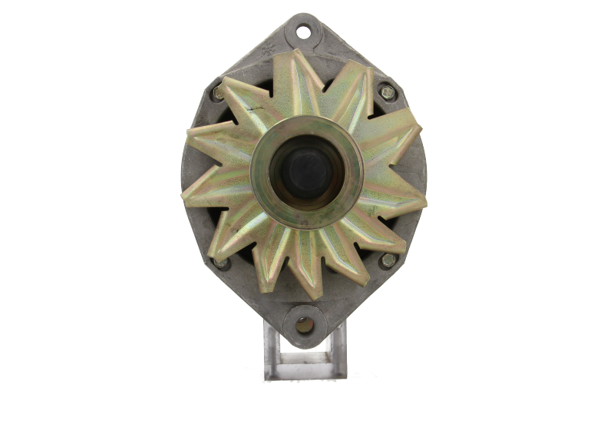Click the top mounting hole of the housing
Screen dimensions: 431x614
[304, 32]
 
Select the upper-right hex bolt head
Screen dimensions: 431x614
[387, 91]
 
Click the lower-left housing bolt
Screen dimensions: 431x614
[222, 264]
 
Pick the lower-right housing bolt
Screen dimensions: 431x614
[387, 260]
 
